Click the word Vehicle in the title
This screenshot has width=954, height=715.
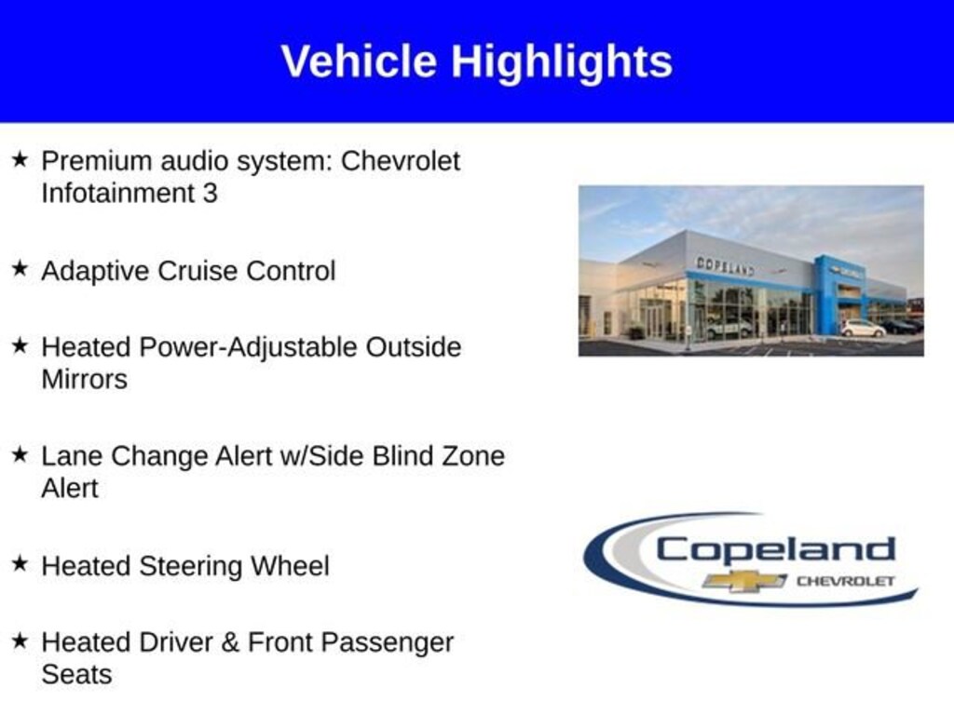coord(359,61)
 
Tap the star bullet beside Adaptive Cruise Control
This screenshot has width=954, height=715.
coord(20,267)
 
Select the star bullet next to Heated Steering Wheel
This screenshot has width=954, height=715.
coord(20,563)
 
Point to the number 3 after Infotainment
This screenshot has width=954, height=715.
coord(210,194)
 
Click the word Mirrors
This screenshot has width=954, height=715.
coord(85,380)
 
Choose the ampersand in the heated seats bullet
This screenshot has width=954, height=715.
coord(230,642)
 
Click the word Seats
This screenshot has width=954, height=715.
coord(76,675)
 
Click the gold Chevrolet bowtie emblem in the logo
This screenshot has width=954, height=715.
coord(744,581)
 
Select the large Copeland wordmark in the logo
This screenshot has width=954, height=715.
coord(776,550)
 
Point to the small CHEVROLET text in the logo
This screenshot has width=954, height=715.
coord(846,581)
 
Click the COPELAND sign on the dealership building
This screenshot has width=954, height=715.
coord(725,266)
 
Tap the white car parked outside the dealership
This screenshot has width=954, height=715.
coord(863,329)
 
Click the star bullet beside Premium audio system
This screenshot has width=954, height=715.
coord(20,159)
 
